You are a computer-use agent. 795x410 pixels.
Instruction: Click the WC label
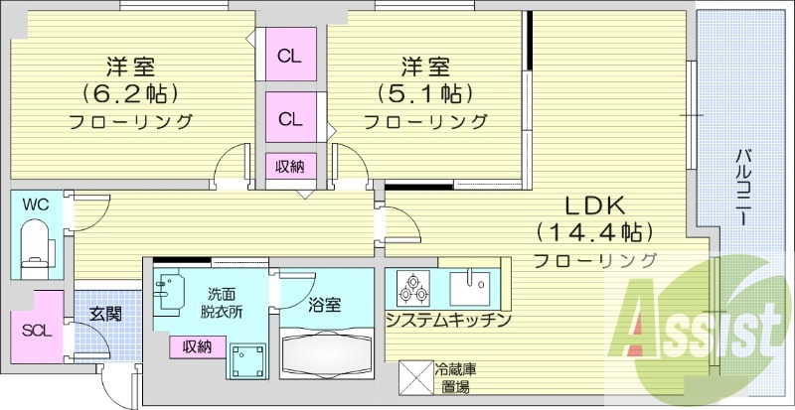click(x=36, y=205)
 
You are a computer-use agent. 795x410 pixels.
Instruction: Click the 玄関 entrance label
click(x=105, y=314)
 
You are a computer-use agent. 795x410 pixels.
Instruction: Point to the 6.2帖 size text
click(x=130, y=94)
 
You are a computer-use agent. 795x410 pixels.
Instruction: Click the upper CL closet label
click(x=289, y=56)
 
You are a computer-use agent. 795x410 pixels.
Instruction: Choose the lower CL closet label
click(x=289, y=120)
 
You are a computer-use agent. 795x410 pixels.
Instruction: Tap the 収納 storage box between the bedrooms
click(x=290, y=166)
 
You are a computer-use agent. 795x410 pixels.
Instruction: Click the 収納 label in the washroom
click(x=197, y=346)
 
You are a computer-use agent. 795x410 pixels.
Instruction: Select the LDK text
click(x=594, y=206)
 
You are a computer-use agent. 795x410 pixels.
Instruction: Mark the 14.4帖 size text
click(x=594, y=233)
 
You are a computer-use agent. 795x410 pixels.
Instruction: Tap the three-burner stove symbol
click(x=412, y=288)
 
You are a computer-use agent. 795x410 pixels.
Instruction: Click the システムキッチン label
click(x=448, y=320)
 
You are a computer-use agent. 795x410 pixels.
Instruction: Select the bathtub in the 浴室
click(x=325, y=351)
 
